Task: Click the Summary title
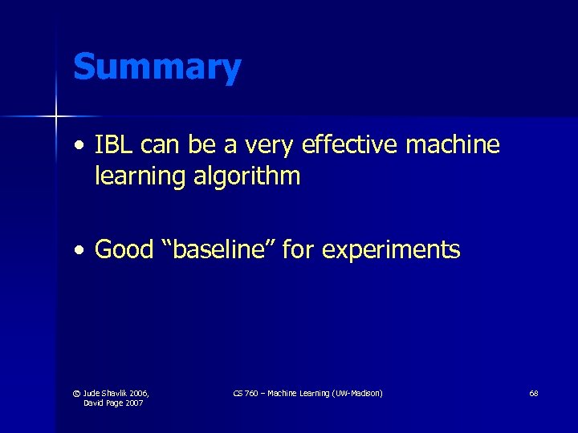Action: pos(157,67)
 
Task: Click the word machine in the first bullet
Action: pos(453,145)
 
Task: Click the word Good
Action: pos(124,250)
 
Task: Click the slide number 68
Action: pos(534,393)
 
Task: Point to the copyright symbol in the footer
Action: pos(76,393)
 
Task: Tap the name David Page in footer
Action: pos(103,403)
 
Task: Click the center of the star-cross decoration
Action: pos(56,117)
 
